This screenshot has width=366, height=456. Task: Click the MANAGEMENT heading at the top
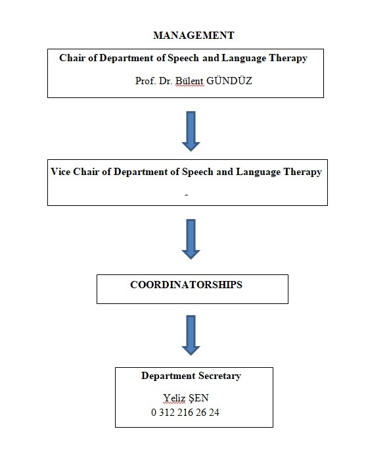(194, 36)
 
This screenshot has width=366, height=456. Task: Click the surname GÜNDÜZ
(229, 80)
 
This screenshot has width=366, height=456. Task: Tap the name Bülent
(189, 81)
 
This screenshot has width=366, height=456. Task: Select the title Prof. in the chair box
(145, 81)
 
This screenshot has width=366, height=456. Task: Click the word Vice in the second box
(60, 172)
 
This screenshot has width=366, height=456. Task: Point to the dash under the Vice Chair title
(186, 195)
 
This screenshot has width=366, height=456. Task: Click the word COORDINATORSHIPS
(186, 284)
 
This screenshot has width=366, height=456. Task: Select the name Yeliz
(174, 398)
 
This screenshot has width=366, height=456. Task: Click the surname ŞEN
(198, 398)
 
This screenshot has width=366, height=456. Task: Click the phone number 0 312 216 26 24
(185, 413)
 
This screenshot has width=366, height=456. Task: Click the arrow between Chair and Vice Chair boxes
(191, 131)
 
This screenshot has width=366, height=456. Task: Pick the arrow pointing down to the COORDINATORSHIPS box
(191, 239)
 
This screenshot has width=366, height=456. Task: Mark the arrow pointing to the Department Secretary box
(191, 335)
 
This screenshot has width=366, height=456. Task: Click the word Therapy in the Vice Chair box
(303, 172)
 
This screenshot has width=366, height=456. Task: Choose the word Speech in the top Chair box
(183, 58)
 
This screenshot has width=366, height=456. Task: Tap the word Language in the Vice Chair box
(258, 172)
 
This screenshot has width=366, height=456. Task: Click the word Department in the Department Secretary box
(168, 376)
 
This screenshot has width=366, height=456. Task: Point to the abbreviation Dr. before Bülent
(166, 81)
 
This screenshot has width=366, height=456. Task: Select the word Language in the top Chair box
(244, 58)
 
